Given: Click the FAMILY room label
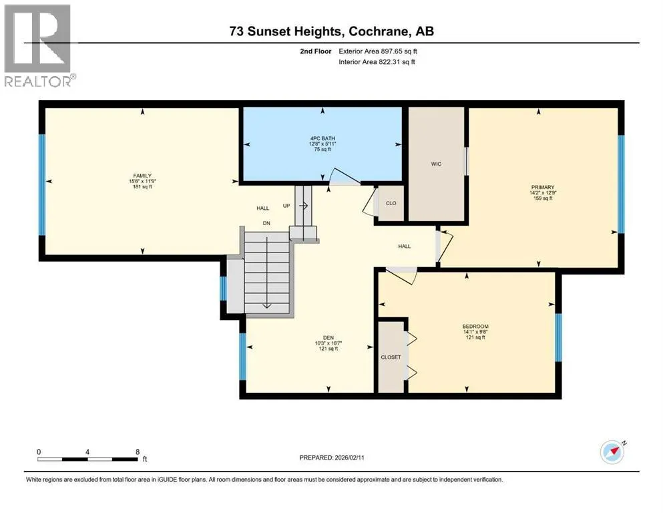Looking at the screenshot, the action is (x=142, y=176).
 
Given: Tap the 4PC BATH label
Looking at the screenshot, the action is (x=322, y=138).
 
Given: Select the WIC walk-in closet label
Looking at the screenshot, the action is (x=437, y=164).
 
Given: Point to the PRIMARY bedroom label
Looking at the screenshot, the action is (x=543, y=187).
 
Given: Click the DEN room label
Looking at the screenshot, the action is (x=328, y=337).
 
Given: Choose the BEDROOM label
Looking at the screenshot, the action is (x=475, y=326).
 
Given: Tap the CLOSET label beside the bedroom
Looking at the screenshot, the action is (x=391, y=357).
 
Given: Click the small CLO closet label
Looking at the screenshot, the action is (x=391, y=203).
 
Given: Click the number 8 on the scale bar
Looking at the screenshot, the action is (x=138, y=452).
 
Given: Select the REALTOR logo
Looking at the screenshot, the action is (x=39, y=45).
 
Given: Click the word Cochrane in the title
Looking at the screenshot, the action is (x=379, y=31).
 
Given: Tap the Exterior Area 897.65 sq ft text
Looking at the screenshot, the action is (x=378, y=51).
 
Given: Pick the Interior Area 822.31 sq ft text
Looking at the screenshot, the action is (x=377, y=61).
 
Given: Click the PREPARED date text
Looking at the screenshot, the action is (x=331, y=458).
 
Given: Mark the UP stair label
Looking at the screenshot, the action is (x=286, y=206).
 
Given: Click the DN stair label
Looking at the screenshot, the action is (x=266, y=223).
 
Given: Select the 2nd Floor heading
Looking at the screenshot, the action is (x=315, y=51).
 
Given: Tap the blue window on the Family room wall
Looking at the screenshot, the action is (x=42, y=185).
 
